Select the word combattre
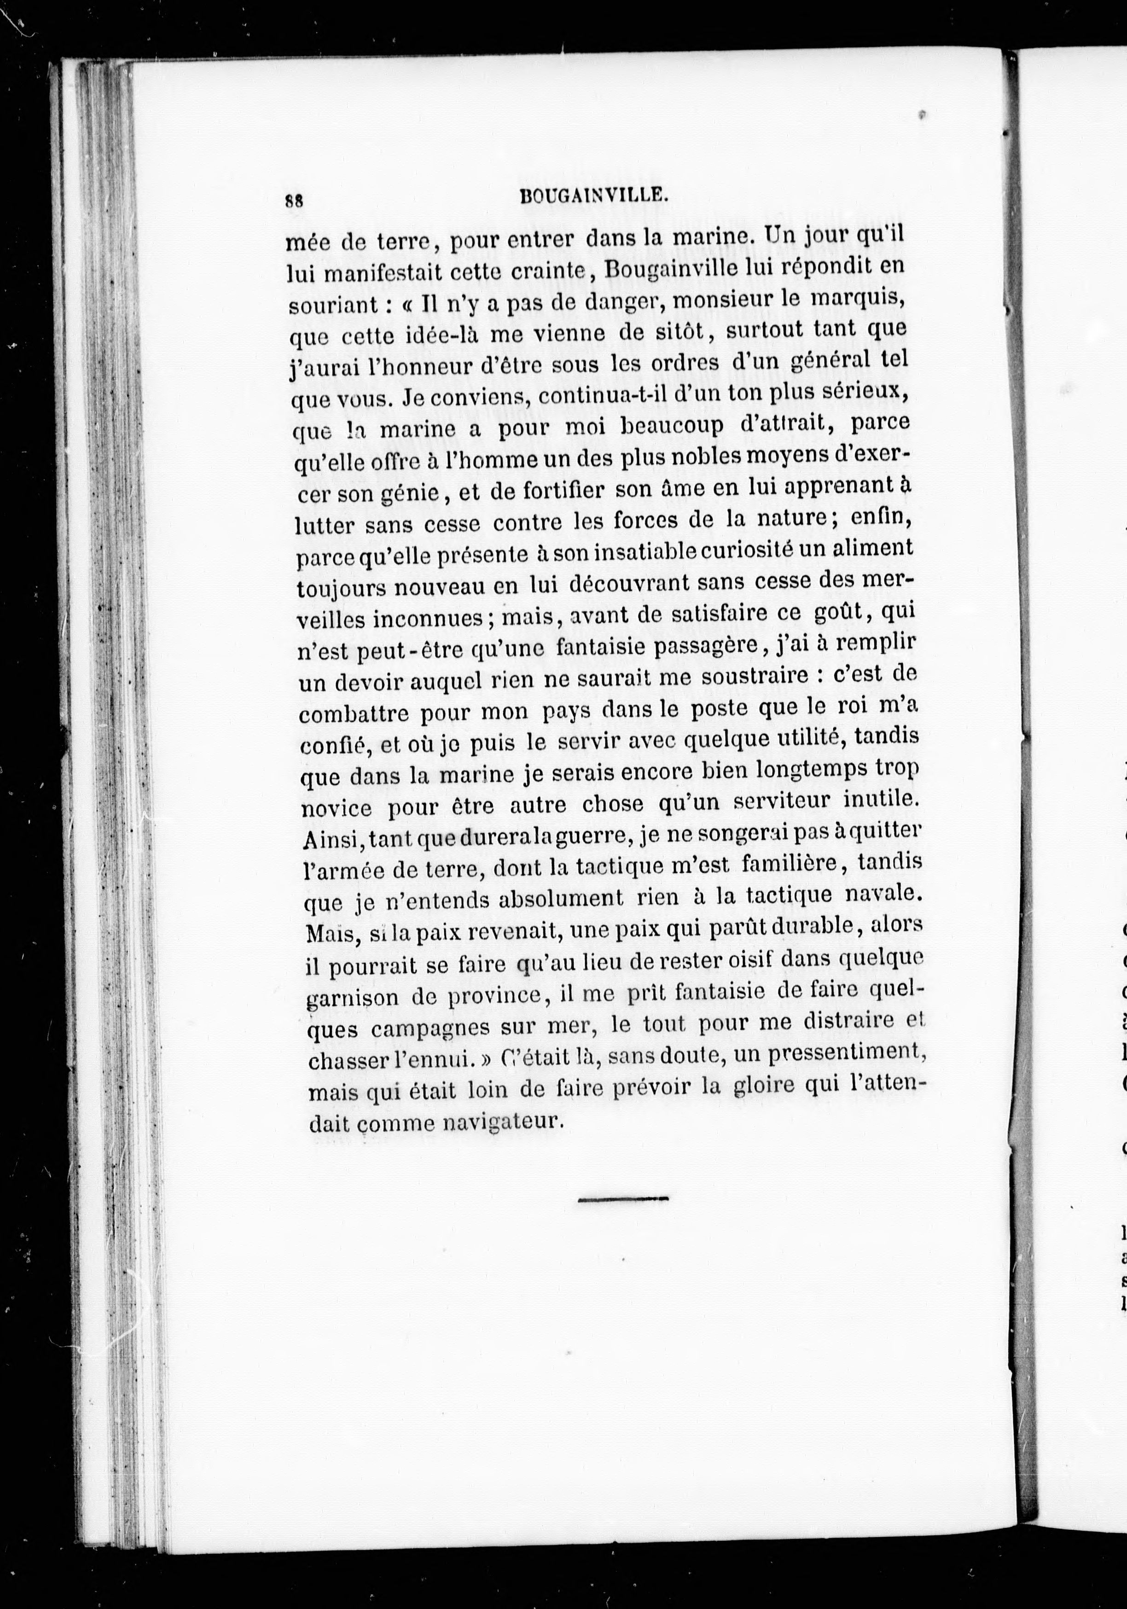(352, 713)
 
